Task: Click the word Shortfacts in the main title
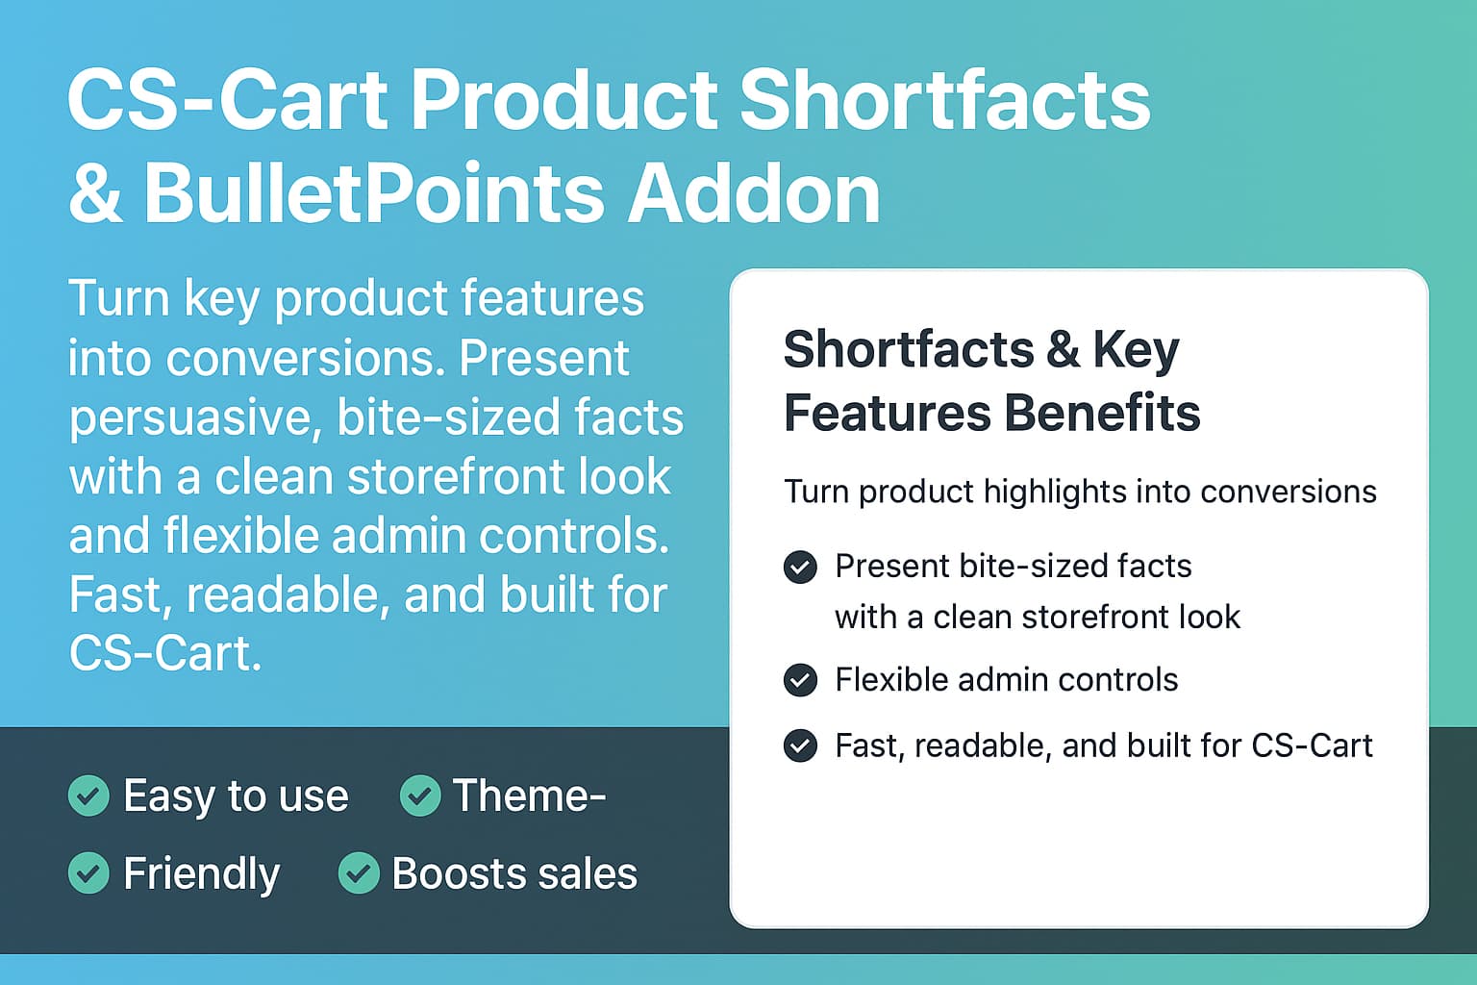[x=945, y=100]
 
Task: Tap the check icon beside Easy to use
[x=88, y=796]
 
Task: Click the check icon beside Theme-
[x=420, y=796]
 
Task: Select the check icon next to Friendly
[x=88, y=872]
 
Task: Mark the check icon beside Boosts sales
[x=359, y=872]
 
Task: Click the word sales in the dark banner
[x=588, y=873]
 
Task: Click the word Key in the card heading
[x=1136, y=351]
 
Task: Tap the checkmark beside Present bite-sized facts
[x=800, y=567]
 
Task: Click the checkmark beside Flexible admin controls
[x=800, y=680]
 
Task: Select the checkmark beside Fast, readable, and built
[x=800, y=745]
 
